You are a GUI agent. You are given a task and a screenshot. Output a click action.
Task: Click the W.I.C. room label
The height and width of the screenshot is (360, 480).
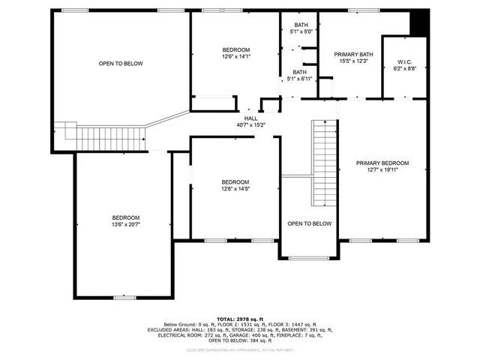(x=405, y=61)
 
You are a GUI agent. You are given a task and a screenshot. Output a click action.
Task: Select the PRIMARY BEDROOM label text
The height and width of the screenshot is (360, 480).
(x=382, y=163)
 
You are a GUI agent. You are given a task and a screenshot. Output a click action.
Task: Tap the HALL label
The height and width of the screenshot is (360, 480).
(x=250, y=118)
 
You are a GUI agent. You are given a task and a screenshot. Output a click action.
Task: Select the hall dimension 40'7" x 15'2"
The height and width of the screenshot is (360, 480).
(x=250, y=124)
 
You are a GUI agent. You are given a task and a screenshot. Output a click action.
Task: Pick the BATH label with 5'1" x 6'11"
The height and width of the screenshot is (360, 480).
(x=298, y=72)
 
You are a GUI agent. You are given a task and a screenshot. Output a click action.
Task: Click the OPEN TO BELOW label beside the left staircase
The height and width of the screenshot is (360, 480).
(x=121, y=64)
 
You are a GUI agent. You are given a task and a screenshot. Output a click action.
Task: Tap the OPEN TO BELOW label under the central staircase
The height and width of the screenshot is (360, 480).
(x=309, y=223)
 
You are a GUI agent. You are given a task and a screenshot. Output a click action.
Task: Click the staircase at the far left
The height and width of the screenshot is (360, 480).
(x=97, y=136)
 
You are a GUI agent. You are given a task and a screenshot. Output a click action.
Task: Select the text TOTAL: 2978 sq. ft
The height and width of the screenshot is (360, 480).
(x=240, y=319)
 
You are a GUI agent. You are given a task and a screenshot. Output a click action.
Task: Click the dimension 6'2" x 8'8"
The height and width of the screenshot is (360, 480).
(x=405, y=68)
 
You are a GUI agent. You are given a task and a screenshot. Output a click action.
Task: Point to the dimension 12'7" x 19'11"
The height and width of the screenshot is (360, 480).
(x=382, y=169)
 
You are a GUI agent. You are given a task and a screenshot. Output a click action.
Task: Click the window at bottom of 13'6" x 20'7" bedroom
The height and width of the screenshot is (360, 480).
(x=125, y=298)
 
